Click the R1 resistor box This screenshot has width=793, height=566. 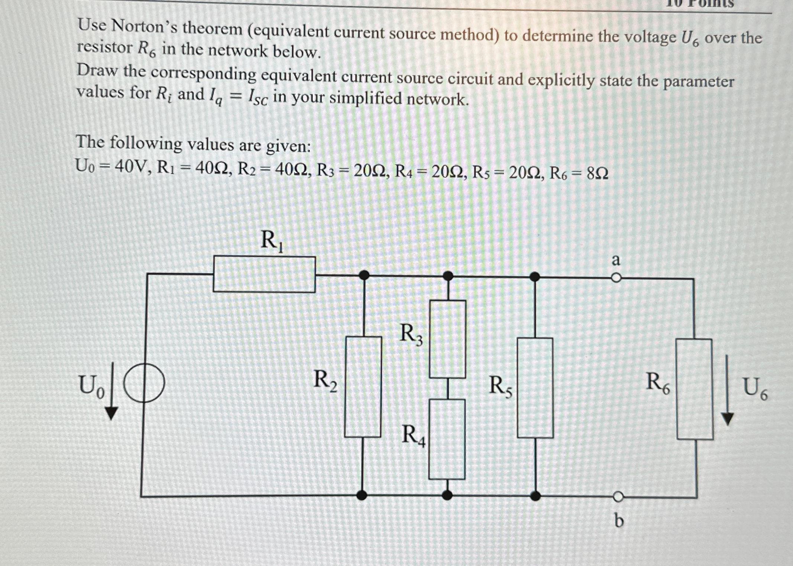coord(264,274)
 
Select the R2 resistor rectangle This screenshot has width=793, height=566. coord(363,387)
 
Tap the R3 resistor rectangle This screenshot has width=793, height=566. coord(448,339)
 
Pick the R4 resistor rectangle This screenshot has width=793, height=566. coord(447,439)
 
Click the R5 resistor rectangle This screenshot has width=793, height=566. coord(535,388)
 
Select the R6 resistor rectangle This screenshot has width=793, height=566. coord(694,389)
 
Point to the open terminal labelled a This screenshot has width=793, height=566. coord(616,278)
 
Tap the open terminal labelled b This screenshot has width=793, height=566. coord(618,496)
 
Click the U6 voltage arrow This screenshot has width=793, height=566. coord(728,390)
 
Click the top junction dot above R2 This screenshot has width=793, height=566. coord(364,275)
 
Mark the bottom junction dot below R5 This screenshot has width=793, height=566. coord(535,495)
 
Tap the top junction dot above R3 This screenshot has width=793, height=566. coord(449,276)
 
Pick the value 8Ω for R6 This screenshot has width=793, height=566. coord(598,173)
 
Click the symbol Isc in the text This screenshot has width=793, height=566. coord(257,98)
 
